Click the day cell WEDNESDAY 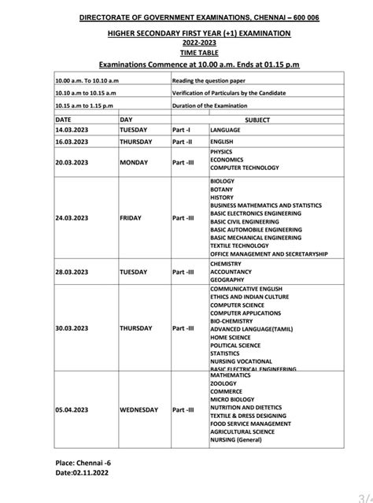(139, 410)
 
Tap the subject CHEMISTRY (226, 264)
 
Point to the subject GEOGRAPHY (227, 280)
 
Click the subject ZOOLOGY (223, 384)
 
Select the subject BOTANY (221, 189)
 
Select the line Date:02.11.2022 (82, 477)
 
